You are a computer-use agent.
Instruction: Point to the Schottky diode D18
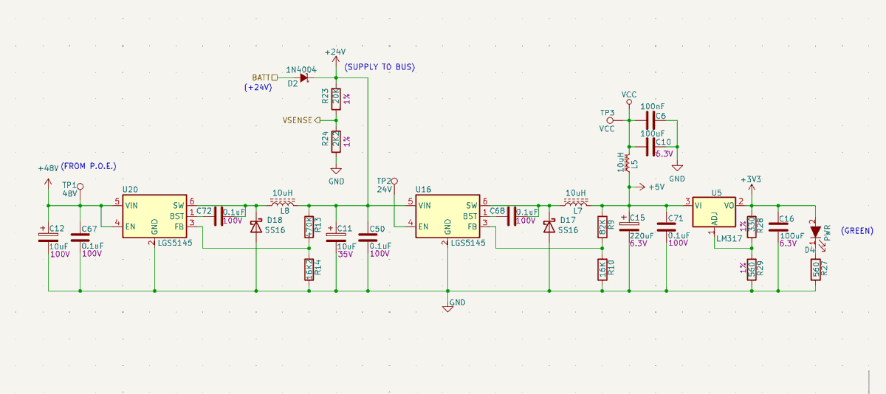point(255,227)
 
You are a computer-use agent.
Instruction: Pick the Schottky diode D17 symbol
point(549,227)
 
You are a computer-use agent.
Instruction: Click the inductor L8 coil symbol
point(283,201)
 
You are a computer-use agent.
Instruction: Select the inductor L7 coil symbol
point(576,201)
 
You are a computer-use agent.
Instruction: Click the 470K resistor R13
point(309,227)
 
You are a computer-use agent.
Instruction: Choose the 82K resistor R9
point(602,227)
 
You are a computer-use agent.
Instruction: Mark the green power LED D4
point(815,232)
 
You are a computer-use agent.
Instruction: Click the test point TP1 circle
point(80,187)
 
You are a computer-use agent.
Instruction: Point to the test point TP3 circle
point(610,120)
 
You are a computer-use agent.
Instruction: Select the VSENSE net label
point(298,120)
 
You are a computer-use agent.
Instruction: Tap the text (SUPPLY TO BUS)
point(380,67)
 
